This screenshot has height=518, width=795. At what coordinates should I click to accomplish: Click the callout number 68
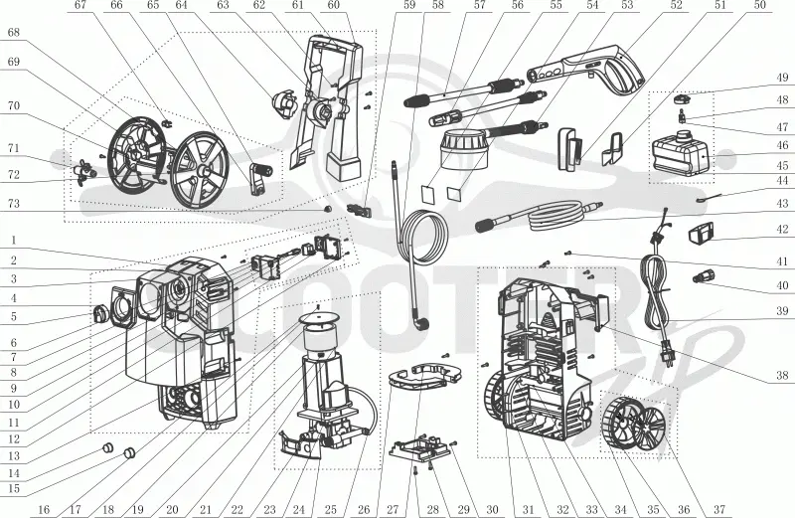point(14,33)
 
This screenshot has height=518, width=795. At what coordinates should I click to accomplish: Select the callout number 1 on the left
point(14,241)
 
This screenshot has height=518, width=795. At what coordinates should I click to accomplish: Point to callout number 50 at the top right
point(759,5)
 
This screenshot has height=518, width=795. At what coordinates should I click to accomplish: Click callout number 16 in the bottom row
point(44,509)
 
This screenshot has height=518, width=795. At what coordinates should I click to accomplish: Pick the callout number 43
point(782,203)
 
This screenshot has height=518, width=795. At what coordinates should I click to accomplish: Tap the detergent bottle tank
point(679,151)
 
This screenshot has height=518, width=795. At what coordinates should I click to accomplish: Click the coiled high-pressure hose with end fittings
point(539,218)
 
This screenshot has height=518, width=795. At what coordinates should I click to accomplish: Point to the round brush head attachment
point(464,149)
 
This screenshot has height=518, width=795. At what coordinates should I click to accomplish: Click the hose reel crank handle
point(260,177)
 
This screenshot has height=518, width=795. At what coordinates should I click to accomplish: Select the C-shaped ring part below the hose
point(425,375)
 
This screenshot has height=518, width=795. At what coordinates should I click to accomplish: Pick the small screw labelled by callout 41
point(568,253)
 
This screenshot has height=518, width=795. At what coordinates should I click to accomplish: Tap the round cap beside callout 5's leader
point(99,313)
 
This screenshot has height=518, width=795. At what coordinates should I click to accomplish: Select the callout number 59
point(409,5)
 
